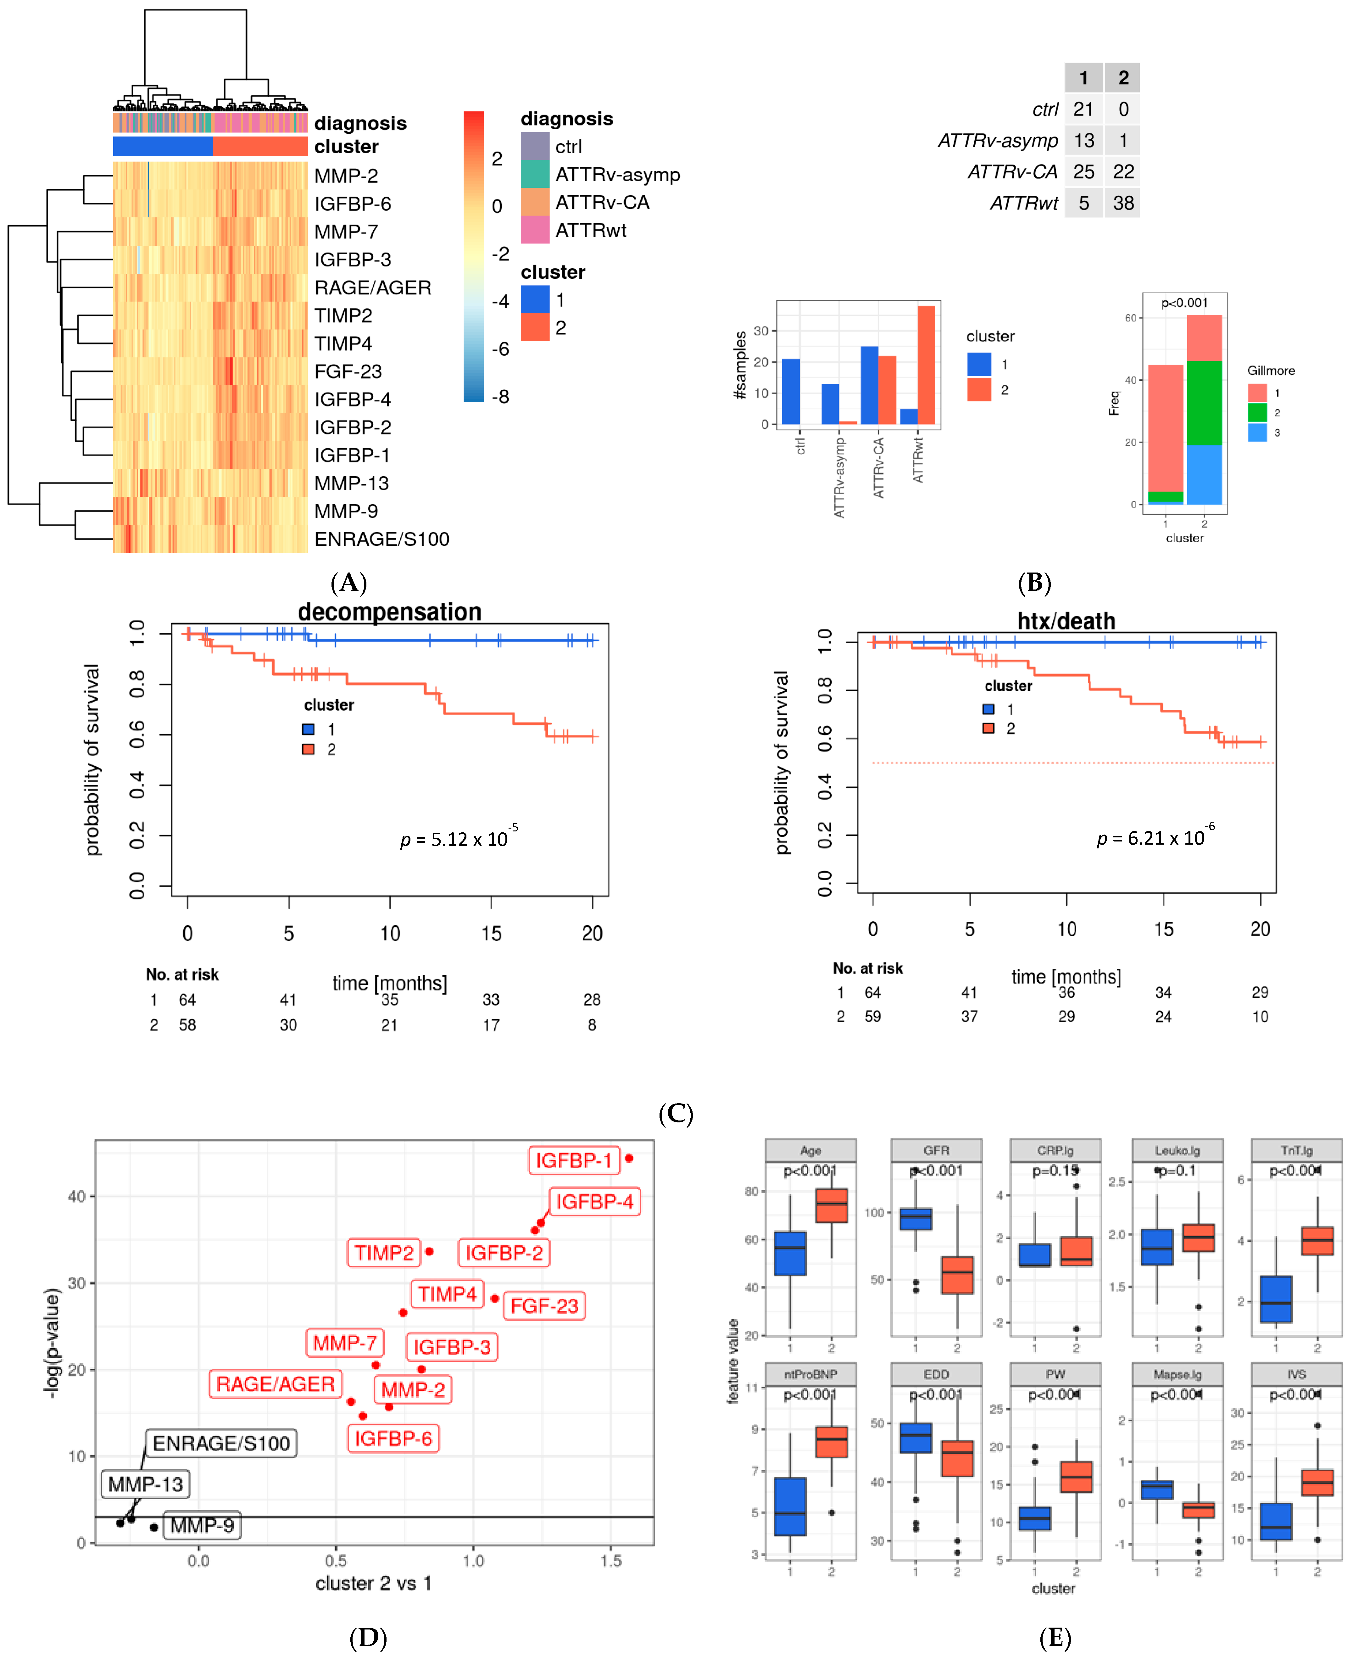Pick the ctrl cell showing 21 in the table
(x=1083, y=109)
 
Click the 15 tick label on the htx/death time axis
(x=1163, y=929)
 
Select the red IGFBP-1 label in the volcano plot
(x=574, y=1160)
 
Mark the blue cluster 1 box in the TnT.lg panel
(x=1276, y=1299)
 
